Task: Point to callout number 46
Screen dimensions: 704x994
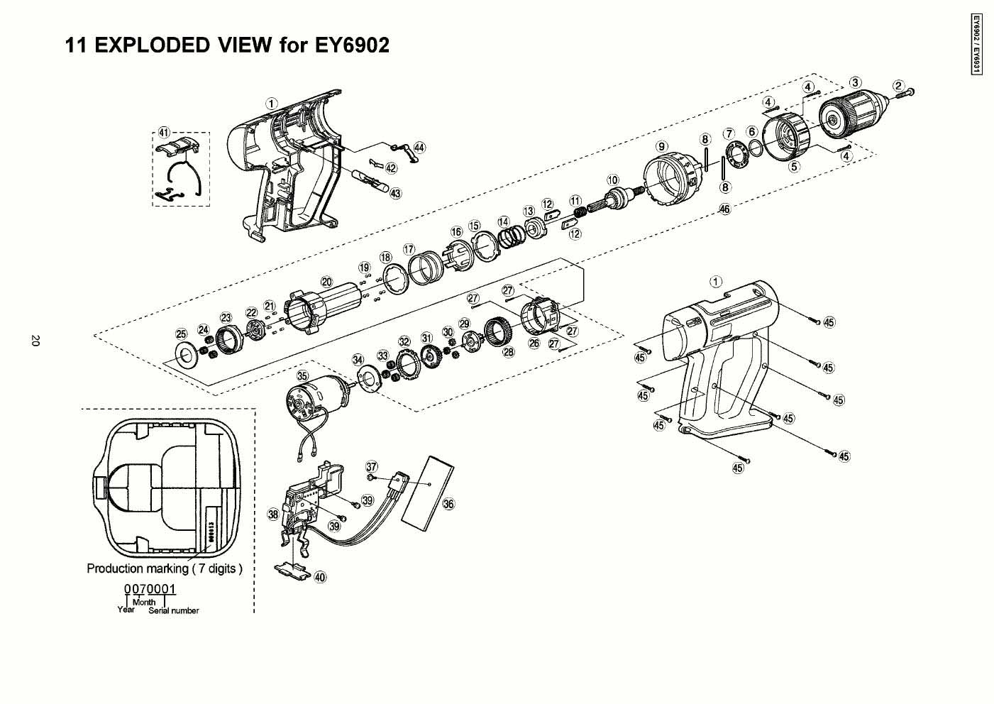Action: (x=724, y=209)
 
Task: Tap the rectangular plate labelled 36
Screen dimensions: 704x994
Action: (x=427, y=489)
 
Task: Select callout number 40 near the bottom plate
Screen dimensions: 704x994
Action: (x=321, y=577)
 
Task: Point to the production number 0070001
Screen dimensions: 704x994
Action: (x=150, y=589)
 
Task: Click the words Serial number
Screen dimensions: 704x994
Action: (x=174, y=611)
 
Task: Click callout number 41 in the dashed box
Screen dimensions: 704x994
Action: (x=164, y=133)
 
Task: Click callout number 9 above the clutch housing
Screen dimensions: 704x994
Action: (x=662, y=146)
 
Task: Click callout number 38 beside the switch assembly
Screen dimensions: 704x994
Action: (x=273, y=514)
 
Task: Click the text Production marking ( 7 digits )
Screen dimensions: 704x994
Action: (x=165, y=568)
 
